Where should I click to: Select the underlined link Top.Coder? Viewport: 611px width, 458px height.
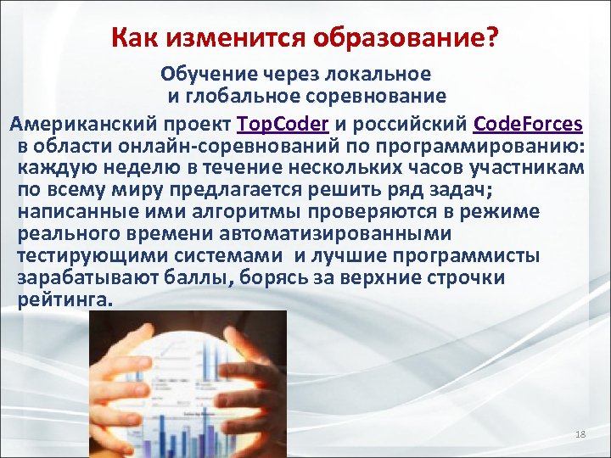click(283, 124)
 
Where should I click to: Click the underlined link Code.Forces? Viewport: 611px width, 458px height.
click(528, 124)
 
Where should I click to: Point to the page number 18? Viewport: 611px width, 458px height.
click(580, 434)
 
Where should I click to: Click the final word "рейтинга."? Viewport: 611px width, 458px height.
click(64, 299)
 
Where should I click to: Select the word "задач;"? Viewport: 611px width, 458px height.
click(462, 189)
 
